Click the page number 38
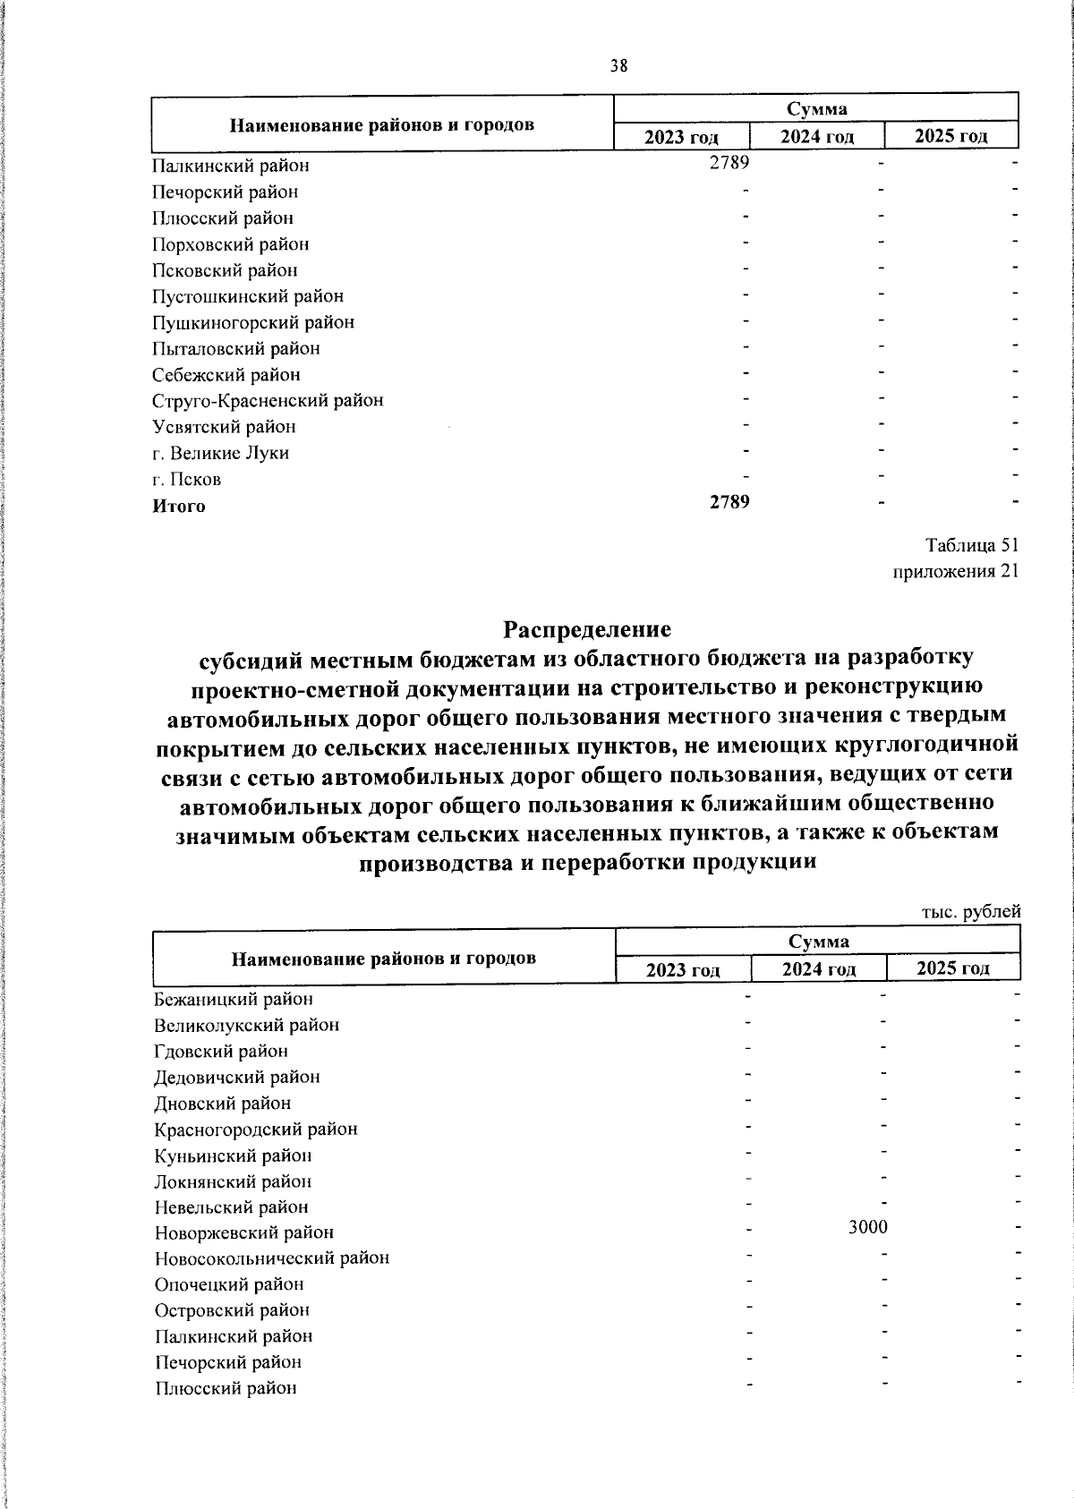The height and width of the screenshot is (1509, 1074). tap(618, 65)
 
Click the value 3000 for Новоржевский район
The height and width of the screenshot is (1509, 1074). tap(868, 1227)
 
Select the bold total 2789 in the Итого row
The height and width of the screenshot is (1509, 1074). tap(729, 501)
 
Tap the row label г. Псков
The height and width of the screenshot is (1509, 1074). tap(187, 479)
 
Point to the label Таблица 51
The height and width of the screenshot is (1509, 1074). tap(972, 546)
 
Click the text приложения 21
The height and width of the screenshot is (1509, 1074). tap(957, 572)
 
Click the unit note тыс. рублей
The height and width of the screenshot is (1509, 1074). tap(971, 912)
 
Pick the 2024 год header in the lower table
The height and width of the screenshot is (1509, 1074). tap(818, 968)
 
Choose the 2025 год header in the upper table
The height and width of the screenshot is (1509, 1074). tap(951, 136)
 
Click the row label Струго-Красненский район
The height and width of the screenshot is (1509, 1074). tap(268, 401)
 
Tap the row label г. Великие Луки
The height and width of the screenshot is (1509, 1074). tap(221, 453)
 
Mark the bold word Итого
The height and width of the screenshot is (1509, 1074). tap(179, 506)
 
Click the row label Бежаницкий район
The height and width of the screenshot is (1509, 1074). tap(234, 999)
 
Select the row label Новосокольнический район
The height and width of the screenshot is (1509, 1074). tap(272, 1258)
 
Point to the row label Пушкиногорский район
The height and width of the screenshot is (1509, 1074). tap(253, 322)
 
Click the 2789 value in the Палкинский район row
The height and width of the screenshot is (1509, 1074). tap(729, 163)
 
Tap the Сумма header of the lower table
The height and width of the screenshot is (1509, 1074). tap(818, 942)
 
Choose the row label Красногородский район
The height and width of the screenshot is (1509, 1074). tap(256, 1130)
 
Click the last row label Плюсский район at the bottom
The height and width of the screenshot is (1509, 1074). tap(226, 1389)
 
